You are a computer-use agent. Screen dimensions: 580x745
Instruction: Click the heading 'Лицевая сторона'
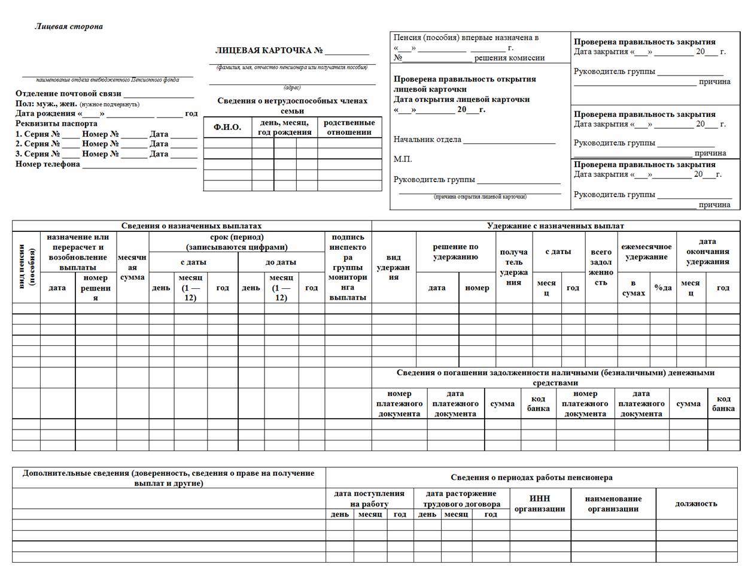(x=68, y=26)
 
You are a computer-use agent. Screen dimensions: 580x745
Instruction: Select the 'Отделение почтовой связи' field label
(x=68, y=93)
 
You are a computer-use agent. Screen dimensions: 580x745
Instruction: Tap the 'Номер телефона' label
(x=48, y=164)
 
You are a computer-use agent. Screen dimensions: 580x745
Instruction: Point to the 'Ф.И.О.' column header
(x=227, y=127)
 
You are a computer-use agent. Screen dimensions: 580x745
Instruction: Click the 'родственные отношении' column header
(x=349, y=127)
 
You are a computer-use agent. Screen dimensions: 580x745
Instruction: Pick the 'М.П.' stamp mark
(x=403, y=159)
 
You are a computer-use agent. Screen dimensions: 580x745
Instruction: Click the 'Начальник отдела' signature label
(x=427, y=140)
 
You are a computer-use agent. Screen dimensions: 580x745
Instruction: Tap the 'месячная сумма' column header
(x=132, y=267)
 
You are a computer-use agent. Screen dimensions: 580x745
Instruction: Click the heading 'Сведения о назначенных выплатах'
(x=191, y=226)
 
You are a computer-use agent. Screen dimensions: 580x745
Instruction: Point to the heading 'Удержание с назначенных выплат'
(x=555, y=226)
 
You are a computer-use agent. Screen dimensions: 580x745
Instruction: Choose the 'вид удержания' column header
(x=394, y=267)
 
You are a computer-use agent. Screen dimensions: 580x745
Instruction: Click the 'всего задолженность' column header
(x=601, y=267)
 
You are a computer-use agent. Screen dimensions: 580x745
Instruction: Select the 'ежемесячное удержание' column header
(x=646, y=252)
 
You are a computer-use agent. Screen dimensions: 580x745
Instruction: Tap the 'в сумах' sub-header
(x=633, y=288)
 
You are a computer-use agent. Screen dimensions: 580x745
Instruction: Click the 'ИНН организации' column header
(x=539, y=503)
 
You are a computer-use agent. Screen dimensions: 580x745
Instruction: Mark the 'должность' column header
(x=696, y=503)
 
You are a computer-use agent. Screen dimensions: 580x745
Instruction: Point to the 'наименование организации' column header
(x=613, y=503)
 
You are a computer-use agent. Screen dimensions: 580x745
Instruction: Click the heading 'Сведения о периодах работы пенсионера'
(x=531, y=478)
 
